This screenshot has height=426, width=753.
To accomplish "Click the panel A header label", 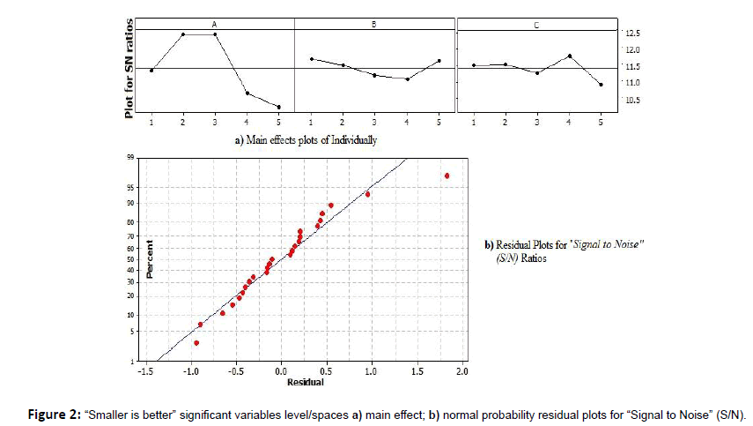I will [214, 24].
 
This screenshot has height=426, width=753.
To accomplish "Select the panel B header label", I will [374, 24].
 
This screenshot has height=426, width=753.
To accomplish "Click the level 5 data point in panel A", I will [278, 108].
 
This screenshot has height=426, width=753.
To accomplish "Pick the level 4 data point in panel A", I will [247, 93].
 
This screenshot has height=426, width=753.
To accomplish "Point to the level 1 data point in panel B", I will [311, 59].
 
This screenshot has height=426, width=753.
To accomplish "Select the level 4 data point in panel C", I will [570, 56].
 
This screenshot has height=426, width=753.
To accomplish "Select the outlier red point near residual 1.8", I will [447, 176].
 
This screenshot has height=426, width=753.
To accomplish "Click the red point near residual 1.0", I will [367, 194].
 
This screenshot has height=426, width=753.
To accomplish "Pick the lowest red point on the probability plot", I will [196, 343].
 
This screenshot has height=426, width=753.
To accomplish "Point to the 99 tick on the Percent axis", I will [129, 159].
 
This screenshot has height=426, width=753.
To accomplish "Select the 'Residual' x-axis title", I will [305, 382].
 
